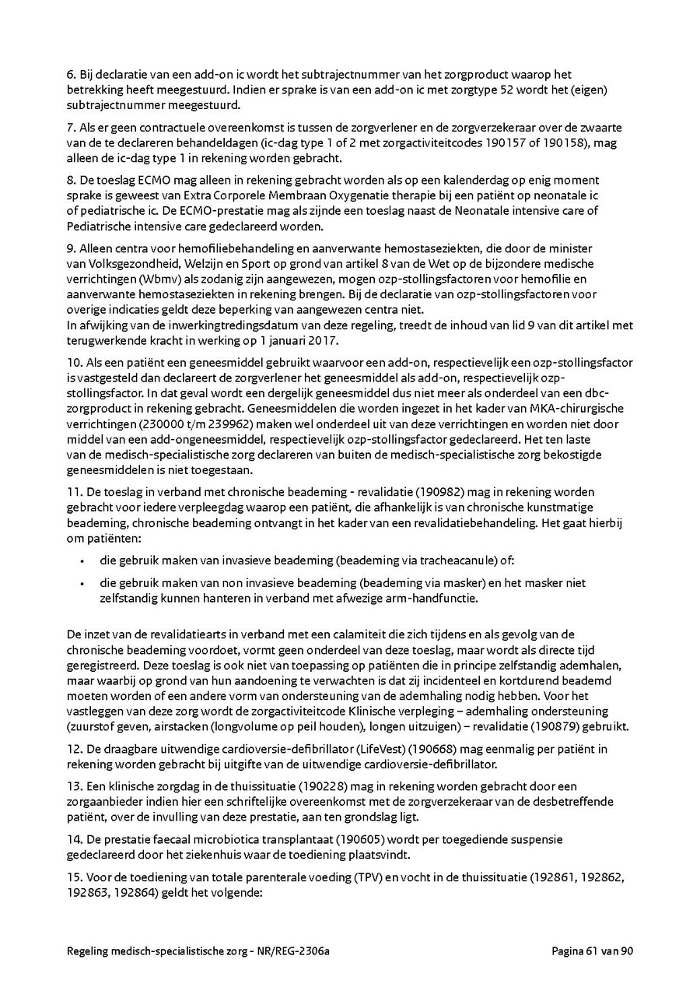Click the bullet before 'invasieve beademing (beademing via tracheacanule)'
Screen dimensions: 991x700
(x=82, y=561)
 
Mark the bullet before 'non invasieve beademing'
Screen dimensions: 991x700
(x=82, y=583)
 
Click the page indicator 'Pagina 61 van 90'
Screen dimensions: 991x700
(x=593, y=951)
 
